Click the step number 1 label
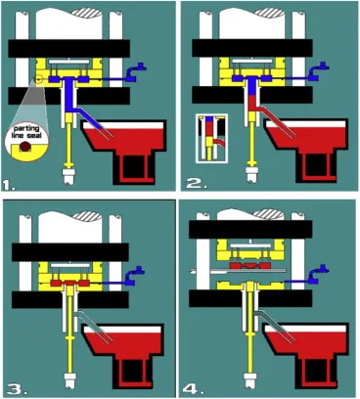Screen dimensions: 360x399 tap(9, 186)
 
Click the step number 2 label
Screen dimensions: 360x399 tap(196, 184)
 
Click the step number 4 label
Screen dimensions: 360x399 tap(193, 389)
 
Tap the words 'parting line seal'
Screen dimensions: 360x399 tap(26, 132)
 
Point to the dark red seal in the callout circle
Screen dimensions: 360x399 tap(24, 147)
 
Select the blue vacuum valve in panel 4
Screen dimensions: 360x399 tap(319, 275)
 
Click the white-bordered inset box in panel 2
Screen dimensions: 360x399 tap(211, 138)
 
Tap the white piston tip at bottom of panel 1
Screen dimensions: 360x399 tap(68, 176)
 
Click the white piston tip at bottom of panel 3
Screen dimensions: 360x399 tap(69, 379)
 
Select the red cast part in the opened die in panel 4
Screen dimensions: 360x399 tap(250, 265)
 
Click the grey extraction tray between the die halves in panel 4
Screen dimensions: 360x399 tap(238, 270)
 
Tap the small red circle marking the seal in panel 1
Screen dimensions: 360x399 tap(39, 79)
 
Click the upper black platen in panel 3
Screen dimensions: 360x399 tap(70, 252)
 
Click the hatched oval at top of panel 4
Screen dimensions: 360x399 tap(268, 213)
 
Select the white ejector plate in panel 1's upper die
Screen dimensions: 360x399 tap(68, 62)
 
